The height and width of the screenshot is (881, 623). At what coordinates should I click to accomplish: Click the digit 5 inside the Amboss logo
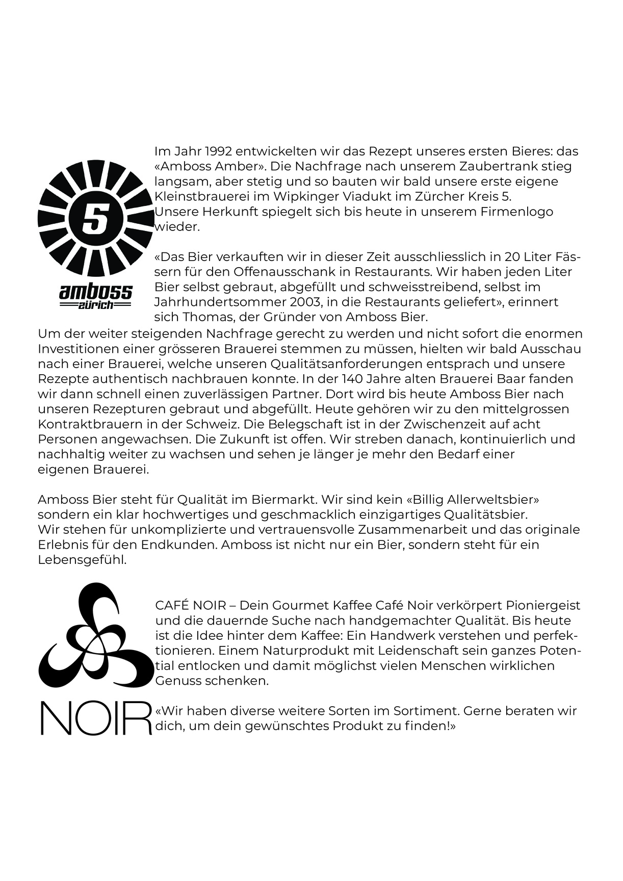pos(95,220)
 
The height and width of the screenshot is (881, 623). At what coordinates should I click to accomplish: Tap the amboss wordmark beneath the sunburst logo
pos(96,292)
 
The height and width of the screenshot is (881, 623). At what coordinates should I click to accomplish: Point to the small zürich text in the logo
pos(96,305)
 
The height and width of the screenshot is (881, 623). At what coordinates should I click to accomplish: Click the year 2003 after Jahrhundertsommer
pos(292,302)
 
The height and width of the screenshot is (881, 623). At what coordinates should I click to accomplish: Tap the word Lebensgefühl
pos(82,560)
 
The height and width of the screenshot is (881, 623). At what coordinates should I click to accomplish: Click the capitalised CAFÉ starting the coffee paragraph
pos(172,606)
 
